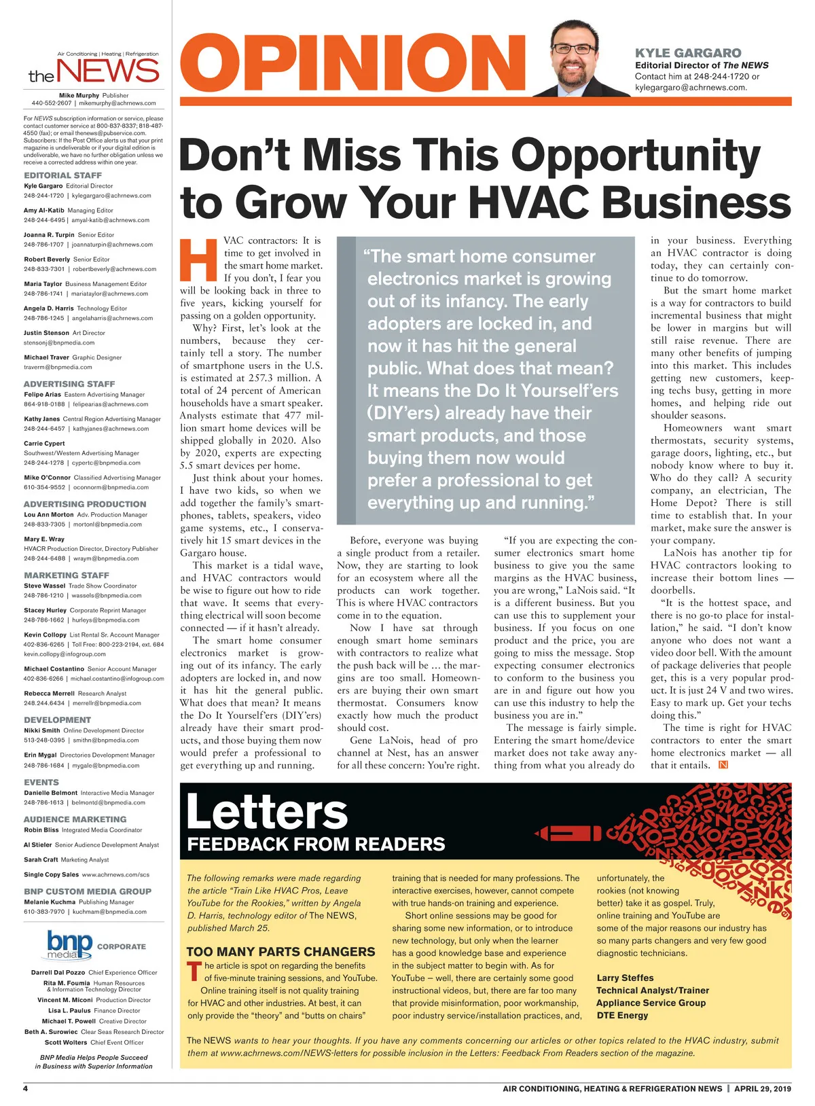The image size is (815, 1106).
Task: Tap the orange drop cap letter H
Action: point(198,260)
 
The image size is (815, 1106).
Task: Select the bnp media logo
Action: point(69,945)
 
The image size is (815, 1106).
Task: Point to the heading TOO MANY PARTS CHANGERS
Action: point(280,952)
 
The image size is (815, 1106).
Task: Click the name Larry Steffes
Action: point(625,978)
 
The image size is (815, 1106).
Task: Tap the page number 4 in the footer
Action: point(26,1088)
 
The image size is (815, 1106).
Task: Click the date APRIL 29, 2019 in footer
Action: point(763,1088)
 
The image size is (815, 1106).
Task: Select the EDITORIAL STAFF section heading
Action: point(62,175)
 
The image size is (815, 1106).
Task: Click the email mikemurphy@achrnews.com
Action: point(117,103)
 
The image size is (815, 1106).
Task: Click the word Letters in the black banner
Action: point(267,811)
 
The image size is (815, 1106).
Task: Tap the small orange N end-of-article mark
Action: point(723,765)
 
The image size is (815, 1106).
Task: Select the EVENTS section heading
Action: point(41,783)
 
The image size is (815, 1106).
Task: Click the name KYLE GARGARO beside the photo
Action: point(688,53)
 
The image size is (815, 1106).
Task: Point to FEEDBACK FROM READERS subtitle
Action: point(316,844)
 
